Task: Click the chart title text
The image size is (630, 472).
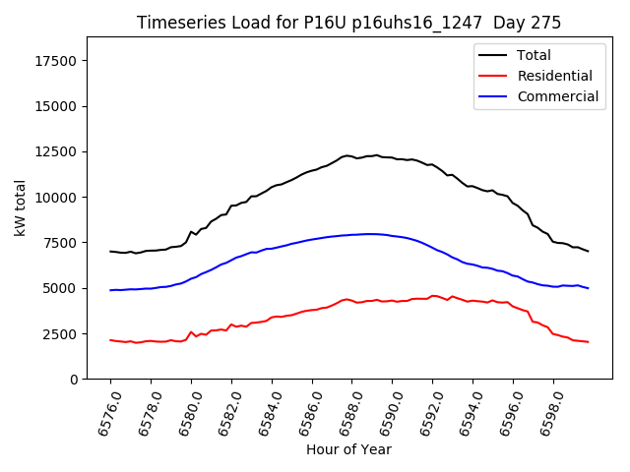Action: point(349,23)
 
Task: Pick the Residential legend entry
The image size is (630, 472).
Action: point(554,76)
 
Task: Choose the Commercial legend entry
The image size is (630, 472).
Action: point(557,96)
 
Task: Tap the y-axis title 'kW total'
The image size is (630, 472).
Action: point(20,207)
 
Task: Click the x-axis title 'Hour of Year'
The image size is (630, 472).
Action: point(348,449)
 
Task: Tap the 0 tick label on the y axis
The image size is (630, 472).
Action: point(74,380)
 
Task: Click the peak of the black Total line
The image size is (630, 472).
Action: point(346,154)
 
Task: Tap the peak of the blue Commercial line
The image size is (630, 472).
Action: point(370,234)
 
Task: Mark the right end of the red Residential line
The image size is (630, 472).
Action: point(588,342)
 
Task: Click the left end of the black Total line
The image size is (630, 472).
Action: point(110,251)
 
